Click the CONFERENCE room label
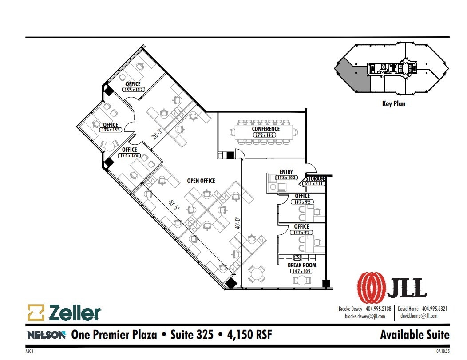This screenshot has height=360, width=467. [x=266, y=129]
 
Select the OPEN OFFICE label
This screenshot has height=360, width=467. [x=201, y=181]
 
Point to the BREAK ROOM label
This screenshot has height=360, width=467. [x=302, y=265]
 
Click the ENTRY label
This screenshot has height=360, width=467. [x=286, y=172]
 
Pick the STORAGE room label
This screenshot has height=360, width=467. [x=315, y=178]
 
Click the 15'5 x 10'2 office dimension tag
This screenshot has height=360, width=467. [x=133, y=90]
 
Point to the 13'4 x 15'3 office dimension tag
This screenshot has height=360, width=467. [x=111, y=130]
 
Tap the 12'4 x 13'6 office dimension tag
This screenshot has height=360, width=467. [x=129, y=155]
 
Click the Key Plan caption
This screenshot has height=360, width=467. [x=393, y=104]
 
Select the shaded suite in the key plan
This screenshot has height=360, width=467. [x=356, y=78]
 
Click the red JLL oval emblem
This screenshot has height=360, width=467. [x=371, y=287]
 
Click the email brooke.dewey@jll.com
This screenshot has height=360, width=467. [x=365, y=316]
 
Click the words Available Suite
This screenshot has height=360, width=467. [x=415, y=335]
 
